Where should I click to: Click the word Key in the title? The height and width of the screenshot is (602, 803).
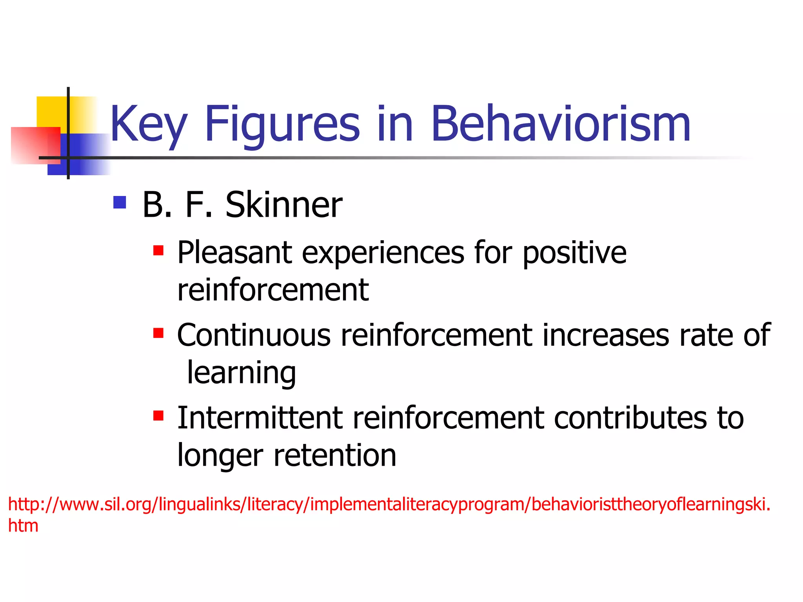tap(148, 125)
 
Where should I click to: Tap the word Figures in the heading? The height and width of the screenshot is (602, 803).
tap(282, 125)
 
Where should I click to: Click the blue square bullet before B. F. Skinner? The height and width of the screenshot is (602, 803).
tap(120, 202)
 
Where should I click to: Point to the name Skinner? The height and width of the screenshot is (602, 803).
tap(283, 205)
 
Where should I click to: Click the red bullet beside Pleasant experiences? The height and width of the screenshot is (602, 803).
tap(158, 250)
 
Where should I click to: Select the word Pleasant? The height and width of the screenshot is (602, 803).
tap(234, 253)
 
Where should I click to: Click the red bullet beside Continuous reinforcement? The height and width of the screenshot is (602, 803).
tap(158, 333)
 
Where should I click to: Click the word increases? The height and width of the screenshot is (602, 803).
tap(606, 336)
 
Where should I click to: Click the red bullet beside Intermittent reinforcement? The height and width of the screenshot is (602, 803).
tap(158, 415)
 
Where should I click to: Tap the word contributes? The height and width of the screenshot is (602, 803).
tap(630, 418)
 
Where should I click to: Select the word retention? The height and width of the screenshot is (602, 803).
tap(335, 455)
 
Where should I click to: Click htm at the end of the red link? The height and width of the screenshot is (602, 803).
tap(23, 526)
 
